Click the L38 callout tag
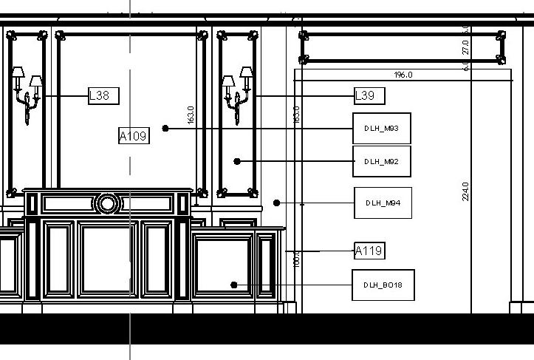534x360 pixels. (103, 95)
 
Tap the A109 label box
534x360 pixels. (134, 135)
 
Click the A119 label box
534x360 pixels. (369, 251)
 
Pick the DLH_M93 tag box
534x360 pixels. (381, 129)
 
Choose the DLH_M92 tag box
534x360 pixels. (381, 161)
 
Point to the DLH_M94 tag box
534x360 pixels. (383, 203)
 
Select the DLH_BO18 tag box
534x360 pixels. (383, 285)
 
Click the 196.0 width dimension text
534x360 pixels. (403, 75)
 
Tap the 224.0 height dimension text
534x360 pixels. (465, 191)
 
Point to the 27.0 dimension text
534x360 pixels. (465, 47)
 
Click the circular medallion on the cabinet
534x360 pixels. (107, 203)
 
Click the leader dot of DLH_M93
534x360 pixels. (165, 129)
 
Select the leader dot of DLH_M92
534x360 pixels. (237, 161)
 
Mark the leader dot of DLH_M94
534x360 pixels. (276, 203)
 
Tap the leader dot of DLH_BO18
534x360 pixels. (233, 285)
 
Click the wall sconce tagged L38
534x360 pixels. (26, 92)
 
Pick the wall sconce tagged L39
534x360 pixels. (238, 92)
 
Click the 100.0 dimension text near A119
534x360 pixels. (297, 259)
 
